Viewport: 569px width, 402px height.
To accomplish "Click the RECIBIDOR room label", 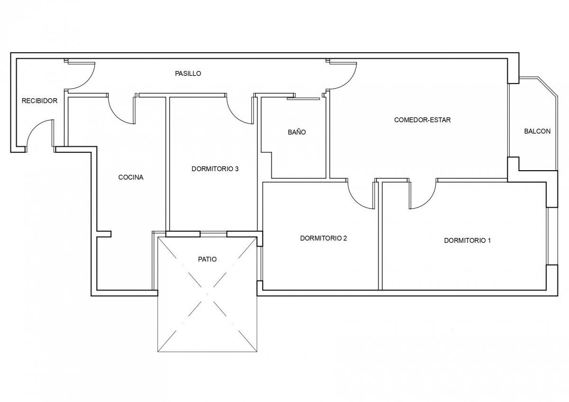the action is [x=39, y=101].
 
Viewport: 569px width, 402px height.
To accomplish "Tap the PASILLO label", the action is [x=188, y=73].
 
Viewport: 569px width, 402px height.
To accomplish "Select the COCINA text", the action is [x=131, y=177].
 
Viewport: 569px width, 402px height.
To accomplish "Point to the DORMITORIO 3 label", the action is [x=215, y=169].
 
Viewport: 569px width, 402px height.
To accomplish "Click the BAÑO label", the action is [x=297, y=132].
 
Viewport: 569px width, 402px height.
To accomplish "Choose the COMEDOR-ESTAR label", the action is [x=422, y=120].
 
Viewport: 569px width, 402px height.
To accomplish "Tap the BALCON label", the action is [x=537, y=131].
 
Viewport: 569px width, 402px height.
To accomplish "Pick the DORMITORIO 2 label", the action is [x=323, y=238].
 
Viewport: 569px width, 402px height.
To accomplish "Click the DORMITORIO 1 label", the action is [x=468, y=240].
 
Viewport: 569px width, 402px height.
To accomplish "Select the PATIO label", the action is [x=207, y=259].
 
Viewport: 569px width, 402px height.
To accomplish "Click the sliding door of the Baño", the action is [x=303, y=99].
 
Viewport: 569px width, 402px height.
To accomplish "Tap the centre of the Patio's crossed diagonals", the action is [x=207, y=294].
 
